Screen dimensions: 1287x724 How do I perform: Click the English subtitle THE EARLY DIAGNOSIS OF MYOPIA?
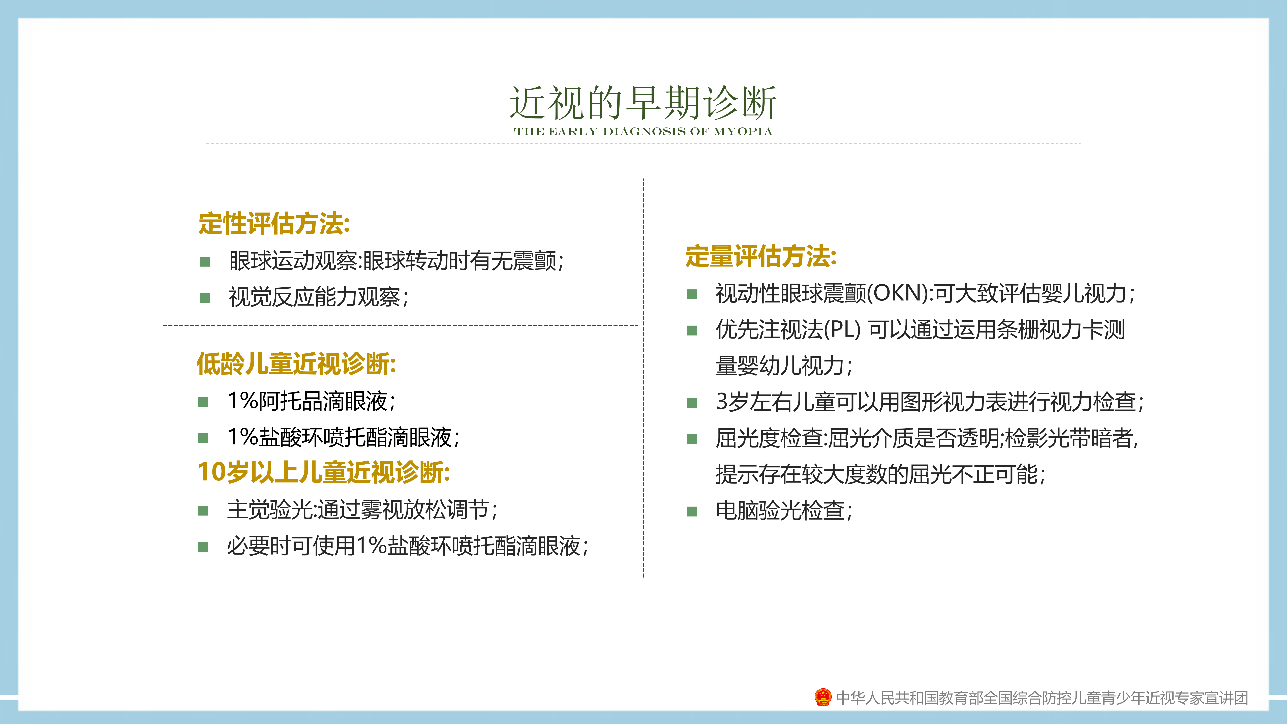tap(643, 131)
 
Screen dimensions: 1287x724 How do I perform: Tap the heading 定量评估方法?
tap(761, 256)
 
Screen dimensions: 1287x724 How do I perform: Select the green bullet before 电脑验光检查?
tap(692, 511)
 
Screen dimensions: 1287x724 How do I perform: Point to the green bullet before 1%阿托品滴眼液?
tap(203, 402)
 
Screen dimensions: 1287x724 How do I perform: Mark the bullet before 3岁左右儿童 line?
tap(692, 403)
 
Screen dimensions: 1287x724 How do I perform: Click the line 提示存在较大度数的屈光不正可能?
tap(880, 474)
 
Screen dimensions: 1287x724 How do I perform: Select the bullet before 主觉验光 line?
tap(203, 510)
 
